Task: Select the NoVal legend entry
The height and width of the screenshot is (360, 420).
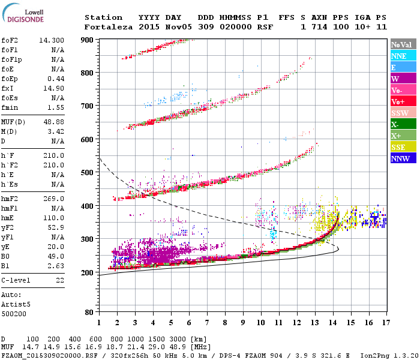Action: (x=402, y=44)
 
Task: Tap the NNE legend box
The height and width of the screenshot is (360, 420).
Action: (x=402, y=56)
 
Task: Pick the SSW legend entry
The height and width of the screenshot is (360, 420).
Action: (x=402, y=113)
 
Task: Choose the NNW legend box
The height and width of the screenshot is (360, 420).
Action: (x=402, y=158)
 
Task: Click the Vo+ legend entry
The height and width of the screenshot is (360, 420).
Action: (x=402, y=101)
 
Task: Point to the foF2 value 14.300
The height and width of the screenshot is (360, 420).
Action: (x=52, y=40)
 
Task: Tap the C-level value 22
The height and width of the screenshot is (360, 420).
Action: (x=59, y=280)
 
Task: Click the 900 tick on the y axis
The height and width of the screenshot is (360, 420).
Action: (x=88, y=40)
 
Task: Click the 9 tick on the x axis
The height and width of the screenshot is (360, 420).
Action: (x=242, y=322)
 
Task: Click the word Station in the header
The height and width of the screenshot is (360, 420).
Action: (x=103, y=17)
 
